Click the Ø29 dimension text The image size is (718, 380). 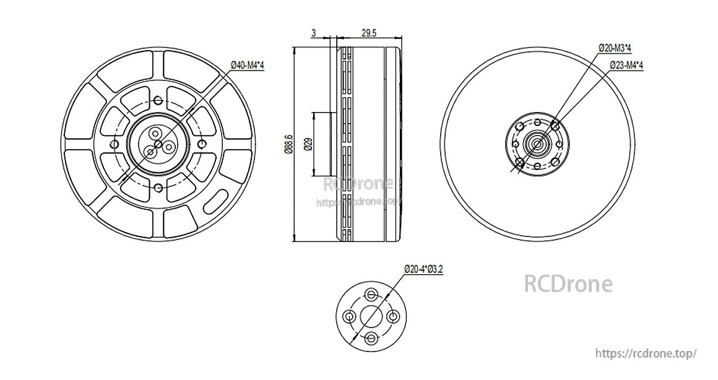[x=308, y=145]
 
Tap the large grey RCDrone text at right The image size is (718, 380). [x=568, y=283]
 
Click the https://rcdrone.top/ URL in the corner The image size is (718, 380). [x=646, y=353]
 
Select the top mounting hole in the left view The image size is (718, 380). [x=158, y=100]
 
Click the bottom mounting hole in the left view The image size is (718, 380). [x=158, y=188]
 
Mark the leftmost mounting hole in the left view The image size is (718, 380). [x=115, y=144]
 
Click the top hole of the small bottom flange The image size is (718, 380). [x=371, y=293]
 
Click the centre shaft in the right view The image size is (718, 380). [x=536, y=144]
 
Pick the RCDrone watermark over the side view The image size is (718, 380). [x=359, y=184]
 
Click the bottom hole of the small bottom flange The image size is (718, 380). [x=371, y=338]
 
